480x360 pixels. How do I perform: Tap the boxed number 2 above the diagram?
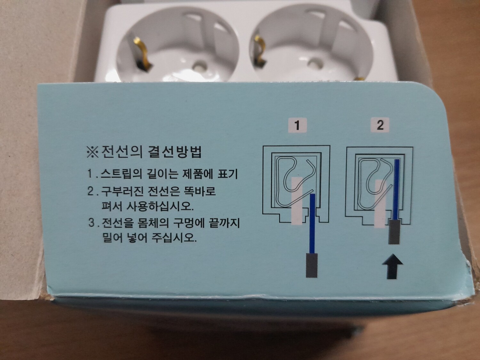[380, 125]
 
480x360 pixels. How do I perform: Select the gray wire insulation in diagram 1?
[311, 265]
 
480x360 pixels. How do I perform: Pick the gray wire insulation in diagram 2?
[394, 232]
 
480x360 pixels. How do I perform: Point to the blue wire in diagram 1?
[313, 223]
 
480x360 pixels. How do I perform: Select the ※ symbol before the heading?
[93, 152]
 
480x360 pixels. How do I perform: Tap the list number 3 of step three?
[92, 223]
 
